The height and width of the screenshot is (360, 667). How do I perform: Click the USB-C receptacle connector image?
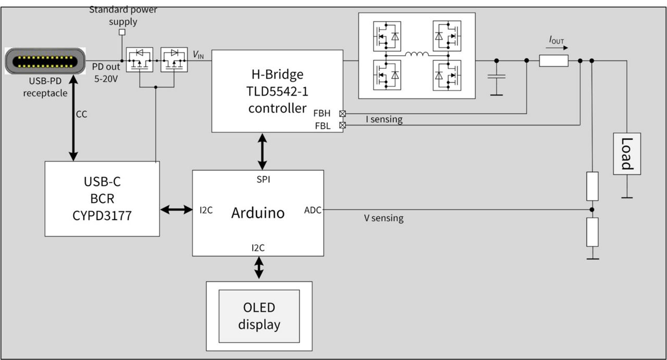(x=45, y=61)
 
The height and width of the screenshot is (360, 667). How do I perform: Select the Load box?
(x=626, y=154)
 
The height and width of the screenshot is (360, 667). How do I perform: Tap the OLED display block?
(x=259, y=316)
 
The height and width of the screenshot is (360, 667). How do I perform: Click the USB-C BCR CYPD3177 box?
(x=102, y=198)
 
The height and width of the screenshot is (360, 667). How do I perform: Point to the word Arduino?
(x=258, y=213)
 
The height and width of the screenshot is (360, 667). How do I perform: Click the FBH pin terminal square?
(x=342, y=113)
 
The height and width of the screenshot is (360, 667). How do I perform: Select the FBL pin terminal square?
(x=342, y=125)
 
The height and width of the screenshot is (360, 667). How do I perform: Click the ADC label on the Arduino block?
(x=313, y=210)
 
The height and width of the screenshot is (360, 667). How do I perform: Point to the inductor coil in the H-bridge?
(x=417, y=54)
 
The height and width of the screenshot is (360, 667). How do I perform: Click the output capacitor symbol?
(x=497, y=77)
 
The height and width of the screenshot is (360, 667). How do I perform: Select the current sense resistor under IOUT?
(x=553, y=61)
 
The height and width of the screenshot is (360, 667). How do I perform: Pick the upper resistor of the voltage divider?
(x=592, y=186)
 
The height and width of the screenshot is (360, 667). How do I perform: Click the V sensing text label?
(x=384, y=218)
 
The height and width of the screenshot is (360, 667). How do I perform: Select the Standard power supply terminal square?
(x=122, y=32)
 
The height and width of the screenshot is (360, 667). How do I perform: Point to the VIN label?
(x=199, y=55)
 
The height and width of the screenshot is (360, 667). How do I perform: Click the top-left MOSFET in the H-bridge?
(x=387, y=36)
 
